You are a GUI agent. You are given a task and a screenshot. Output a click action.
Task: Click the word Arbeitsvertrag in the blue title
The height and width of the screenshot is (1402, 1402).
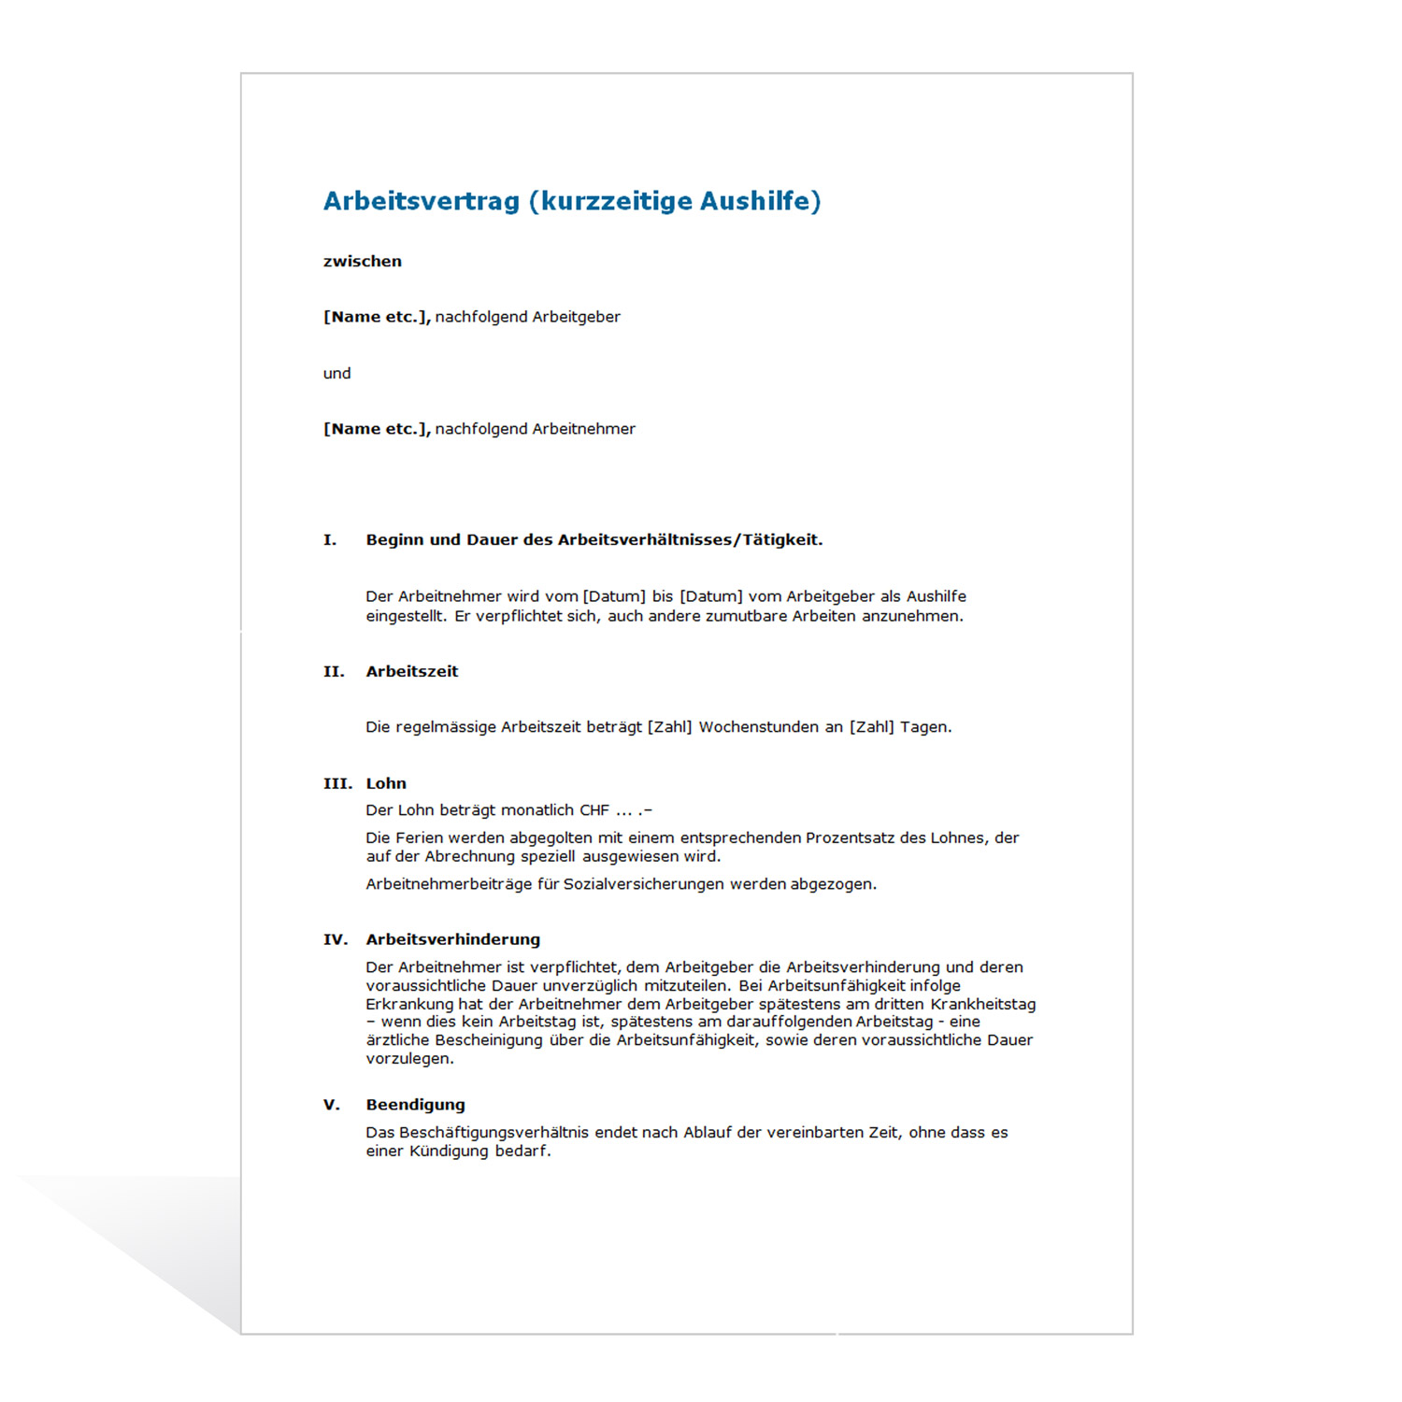tap(421, 202)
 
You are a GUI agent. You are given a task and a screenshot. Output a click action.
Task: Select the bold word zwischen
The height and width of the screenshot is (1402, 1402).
tap(363, 262)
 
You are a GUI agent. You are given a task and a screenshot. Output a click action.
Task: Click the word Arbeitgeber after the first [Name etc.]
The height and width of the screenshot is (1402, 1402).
tap(576, 317)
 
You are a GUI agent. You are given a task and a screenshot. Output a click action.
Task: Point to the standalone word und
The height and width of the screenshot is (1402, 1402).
tap(336, 374)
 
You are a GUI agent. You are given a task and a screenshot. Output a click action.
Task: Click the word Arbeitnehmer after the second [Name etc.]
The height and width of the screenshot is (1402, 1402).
tap(583, 429)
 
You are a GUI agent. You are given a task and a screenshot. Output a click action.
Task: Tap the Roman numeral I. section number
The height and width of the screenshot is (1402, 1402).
tap(330, 540)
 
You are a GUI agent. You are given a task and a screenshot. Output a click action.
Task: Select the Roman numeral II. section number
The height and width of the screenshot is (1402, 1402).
tap(334, 672)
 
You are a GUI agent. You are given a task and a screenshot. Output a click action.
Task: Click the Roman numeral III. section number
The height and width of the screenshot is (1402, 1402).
tap(337, 784)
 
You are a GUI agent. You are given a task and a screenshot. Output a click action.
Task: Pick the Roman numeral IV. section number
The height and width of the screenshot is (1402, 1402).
tap(336, 940)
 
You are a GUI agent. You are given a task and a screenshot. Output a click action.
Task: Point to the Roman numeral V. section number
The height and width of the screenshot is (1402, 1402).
tap(332, 1105)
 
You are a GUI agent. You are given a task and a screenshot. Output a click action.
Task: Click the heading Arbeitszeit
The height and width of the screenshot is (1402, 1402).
tap(412, 672)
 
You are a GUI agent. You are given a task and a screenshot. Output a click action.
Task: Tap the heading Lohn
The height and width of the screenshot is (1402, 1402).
tap(386, 784)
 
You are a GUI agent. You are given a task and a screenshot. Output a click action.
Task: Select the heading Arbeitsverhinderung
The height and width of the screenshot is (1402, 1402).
tap(453, 940)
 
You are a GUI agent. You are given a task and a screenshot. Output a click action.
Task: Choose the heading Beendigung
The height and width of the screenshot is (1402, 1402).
tap(415, 1105)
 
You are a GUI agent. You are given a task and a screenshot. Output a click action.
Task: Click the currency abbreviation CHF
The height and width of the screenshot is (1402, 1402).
tap(594, 810)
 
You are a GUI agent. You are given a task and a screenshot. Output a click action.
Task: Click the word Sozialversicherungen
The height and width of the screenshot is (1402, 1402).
tap(644, 884)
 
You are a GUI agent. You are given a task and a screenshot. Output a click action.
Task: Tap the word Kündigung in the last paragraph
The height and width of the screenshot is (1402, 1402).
tap(449, 1152)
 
